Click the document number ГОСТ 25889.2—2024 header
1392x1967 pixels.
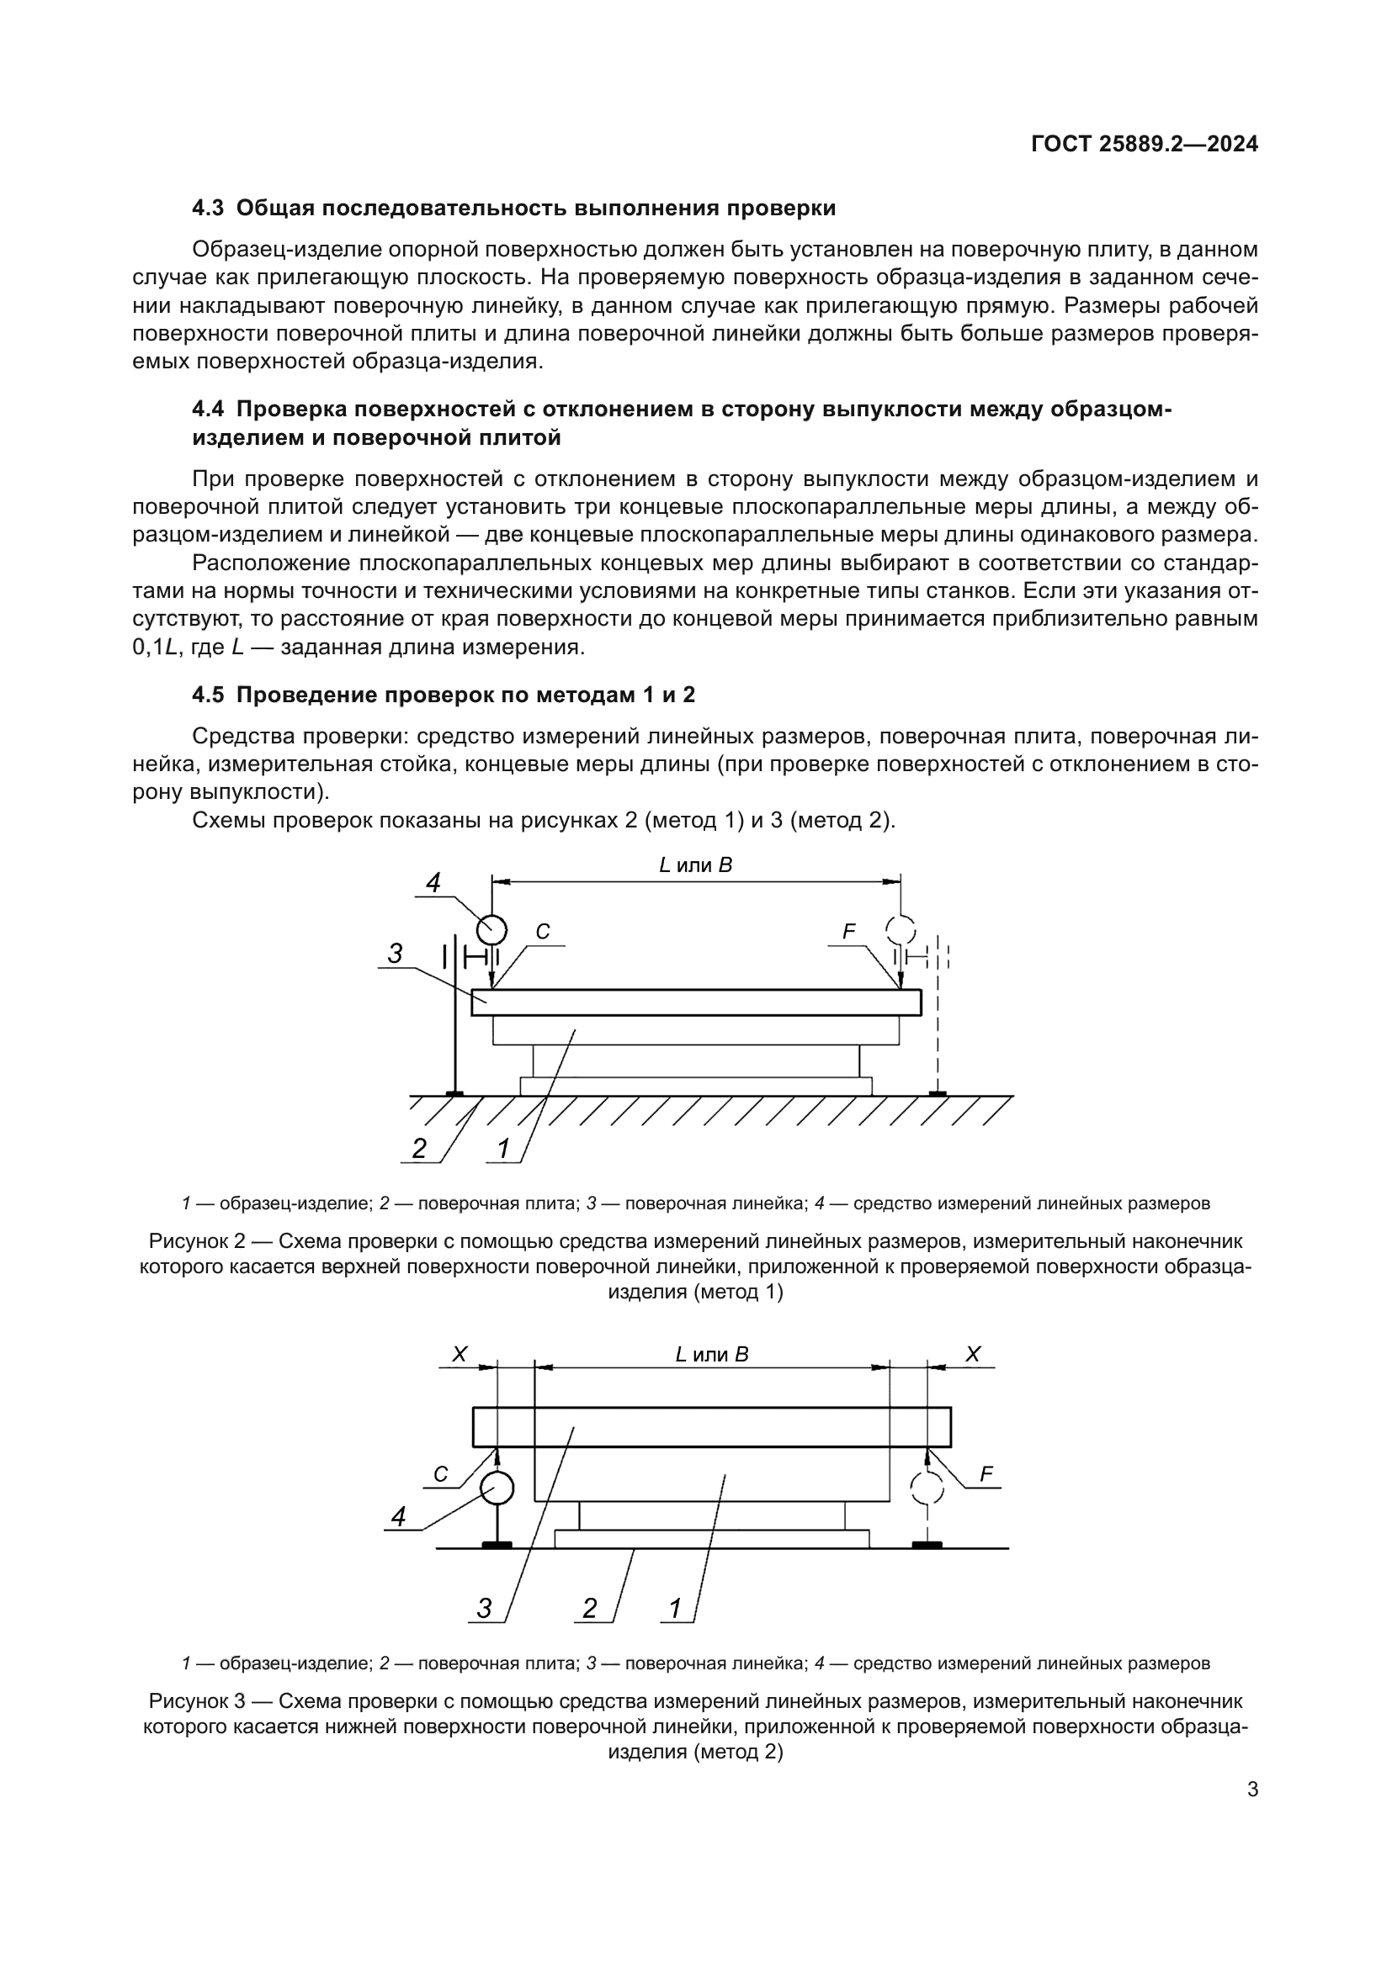[x=1145, y=145]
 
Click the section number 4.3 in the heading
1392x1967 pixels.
[x=207, y=209]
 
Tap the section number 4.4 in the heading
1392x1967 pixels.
[x=207, y=410]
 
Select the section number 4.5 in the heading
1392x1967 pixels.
[x=207, y=695]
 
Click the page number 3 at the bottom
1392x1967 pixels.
[x=1252, y=1790]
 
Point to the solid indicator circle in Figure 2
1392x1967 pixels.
[x=491, y=928]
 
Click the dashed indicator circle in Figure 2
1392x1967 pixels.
[x=900, y=928]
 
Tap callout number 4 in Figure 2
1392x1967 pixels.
[x=433, y=882]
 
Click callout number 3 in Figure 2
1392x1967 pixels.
[x=396, y=954]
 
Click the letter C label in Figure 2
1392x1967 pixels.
[x=542, y=932]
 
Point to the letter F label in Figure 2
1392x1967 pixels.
[x=848, y=932]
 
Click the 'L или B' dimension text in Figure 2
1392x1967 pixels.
[x=695, y=865]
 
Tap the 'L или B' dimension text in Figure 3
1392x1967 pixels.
[x=711, y=1355]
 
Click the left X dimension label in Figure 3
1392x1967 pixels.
[x=460, y=1355]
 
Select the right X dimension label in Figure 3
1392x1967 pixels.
[x=973, y=1355]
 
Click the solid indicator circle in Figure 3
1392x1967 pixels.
[x=497, y=1488]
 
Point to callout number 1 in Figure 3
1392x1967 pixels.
[x=676, y=1609]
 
